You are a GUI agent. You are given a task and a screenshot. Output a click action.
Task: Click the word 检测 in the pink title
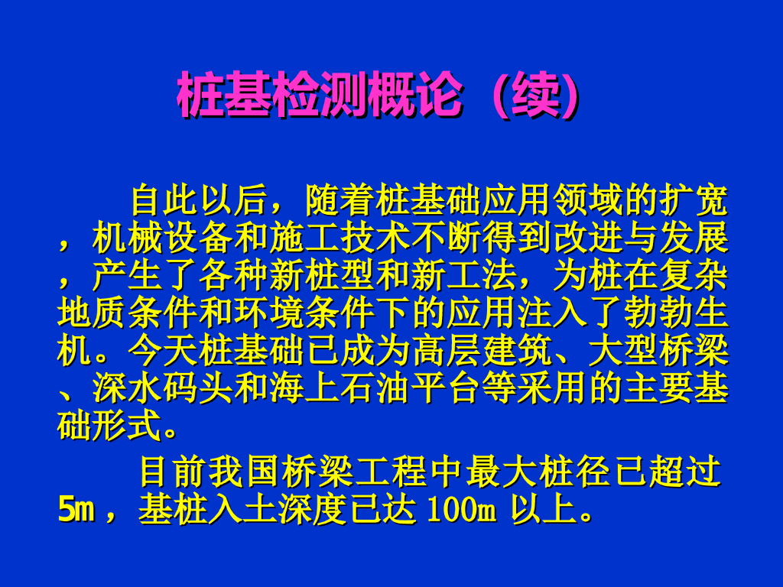point(320,94)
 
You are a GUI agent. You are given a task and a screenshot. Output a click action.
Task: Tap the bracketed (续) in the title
point(536,94)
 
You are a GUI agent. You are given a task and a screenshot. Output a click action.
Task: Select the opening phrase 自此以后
point(199,201)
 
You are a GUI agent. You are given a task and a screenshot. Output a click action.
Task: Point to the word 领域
point(587,201)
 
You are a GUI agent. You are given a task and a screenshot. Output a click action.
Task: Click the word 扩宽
point(694,201)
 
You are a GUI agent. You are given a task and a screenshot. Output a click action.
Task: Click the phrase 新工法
point(465,275)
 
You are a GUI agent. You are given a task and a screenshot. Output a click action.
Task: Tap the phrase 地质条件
point(128,313)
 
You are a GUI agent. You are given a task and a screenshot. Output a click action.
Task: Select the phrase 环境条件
point(304,313)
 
